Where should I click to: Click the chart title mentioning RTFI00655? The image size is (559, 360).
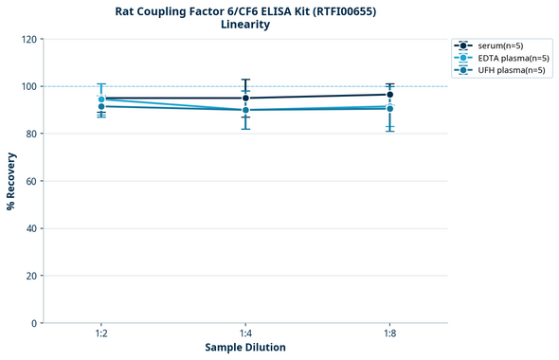click(244, 10)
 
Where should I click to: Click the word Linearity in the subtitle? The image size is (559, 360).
click(244, 25)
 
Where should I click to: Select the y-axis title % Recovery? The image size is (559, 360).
click(11, 181)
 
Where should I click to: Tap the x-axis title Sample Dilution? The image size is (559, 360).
click(245, 347)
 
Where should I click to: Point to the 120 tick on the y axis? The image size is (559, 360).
click(28, 39)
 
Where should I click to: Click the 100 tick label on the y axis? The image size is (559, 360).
click(28, 86)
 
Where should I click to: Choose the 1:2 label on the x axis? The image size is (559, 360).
click(101, 334)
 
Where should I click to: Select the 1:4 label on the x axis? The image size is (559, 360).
click(245, 334)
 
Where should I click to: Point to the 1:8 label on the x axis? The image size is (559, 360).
click(389, 334)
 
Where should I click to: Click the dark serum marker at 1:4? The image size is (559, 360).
click(245, 98)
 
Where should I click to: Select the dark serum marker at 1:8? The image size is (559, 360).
click(389, 94)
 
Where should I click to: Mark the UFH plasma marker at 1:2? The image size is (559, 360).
click(101, 106)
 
